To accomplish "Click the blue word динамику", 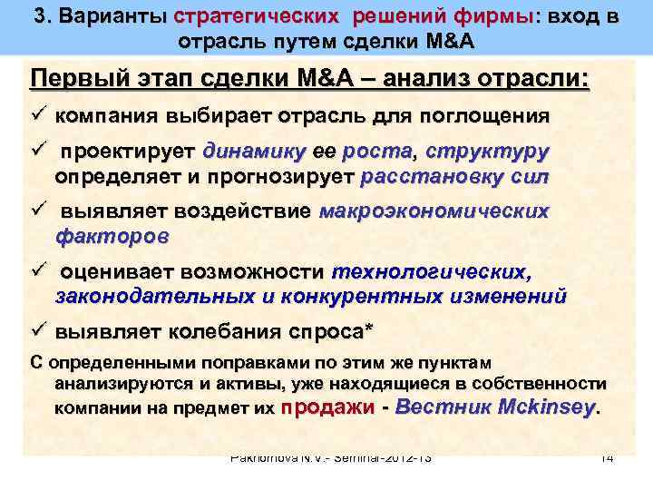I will coord(255,151).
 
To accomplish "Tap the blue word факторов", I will coord(112,235).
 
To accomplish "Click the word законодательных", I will coord(155,295).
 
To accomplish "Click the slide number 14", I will coord(607,458).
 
